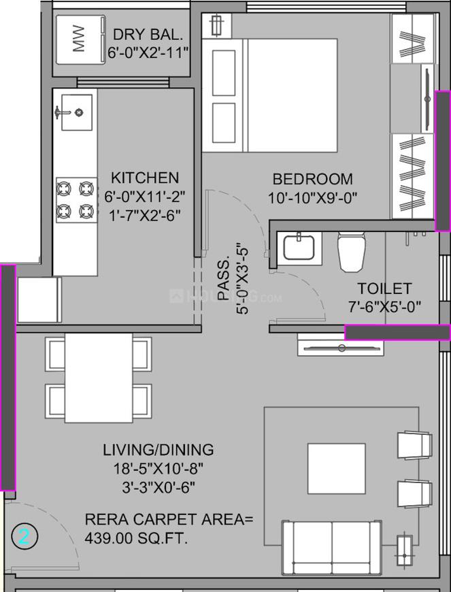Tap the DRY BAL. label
[149, 34]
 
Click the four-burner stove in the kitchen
[75, 198]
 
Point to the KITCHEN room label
[146, 178]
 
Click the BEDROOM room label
[312, 180]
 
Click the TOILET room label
[384, 289]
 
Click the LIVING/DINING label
[158, 450]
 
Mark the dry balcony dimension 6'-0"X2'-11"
[149, 52]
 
